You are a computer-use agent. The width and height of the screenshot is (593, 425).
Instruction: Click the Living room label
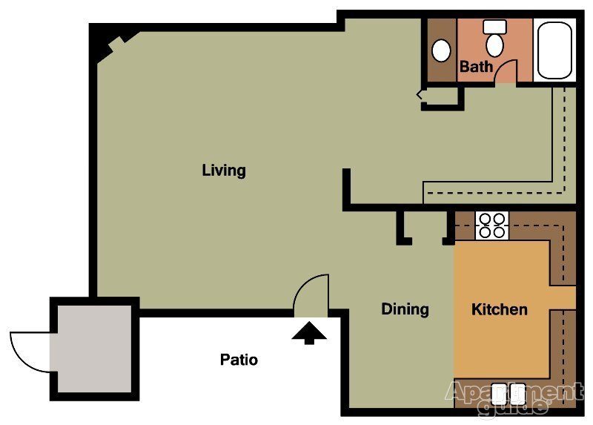[224, 171]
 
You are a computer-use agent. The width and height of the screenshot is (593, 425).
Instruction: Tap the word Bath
[476, 67]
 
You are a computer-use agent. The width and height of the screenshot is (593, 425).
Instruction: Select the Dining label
[405, 309]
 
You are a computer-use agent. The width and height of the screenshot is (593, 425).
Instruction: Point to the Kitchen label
[500, 309]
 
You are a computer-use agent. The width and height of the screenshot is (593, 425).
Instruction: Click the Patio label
[239, 360]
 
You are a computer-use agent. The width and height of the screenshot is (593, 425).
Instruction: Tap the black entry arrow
[309, 332]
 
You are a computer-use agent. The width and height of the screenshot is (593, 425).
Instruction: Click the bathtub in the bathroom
[554, 50]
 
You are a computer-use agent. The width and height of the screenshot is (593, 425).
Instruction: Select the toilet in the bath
[494, 39]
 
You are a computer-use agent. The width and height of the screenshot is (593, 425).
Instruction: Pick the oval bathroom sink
[441, 50]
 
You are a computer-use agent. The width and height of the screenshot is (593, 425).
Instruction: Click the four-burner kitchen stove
[491, 225]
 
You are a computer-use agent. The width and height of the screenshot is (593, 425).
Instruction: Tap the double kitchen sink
[508, 393]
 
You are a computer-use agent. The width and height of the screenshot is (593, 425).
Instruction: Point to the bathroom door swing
[506, 70]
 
